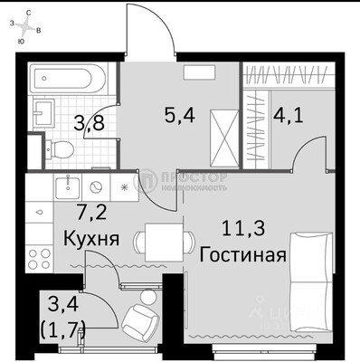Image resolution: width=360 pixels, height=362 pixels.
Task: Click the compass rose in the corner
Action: point(30,28)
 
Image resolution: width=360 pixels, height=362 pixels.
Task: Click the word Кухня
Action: point(92,241)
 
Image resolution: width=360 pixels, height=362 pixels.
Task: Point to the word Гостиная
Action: point(244,253)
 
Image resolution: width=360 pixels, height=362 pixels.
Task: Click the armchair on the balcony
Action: point(137,316)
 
